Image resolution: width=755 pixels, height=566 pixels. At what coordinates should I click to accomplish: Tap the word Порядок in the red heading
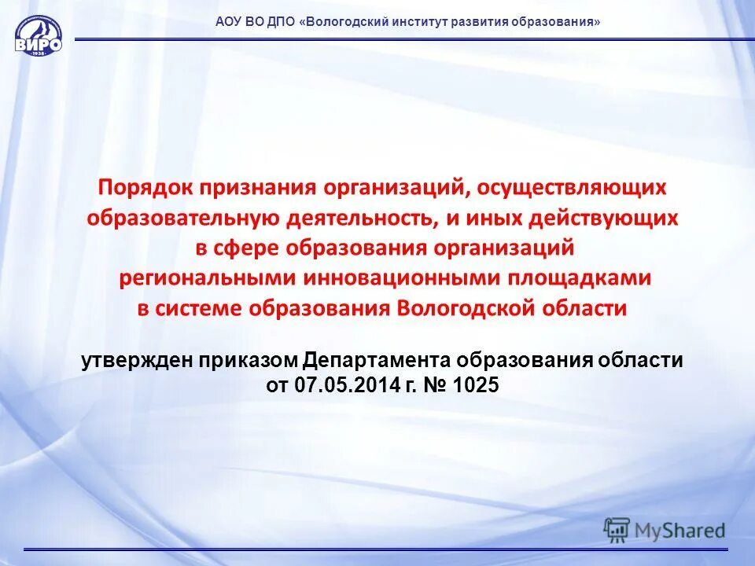click(x=146, y=188)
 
